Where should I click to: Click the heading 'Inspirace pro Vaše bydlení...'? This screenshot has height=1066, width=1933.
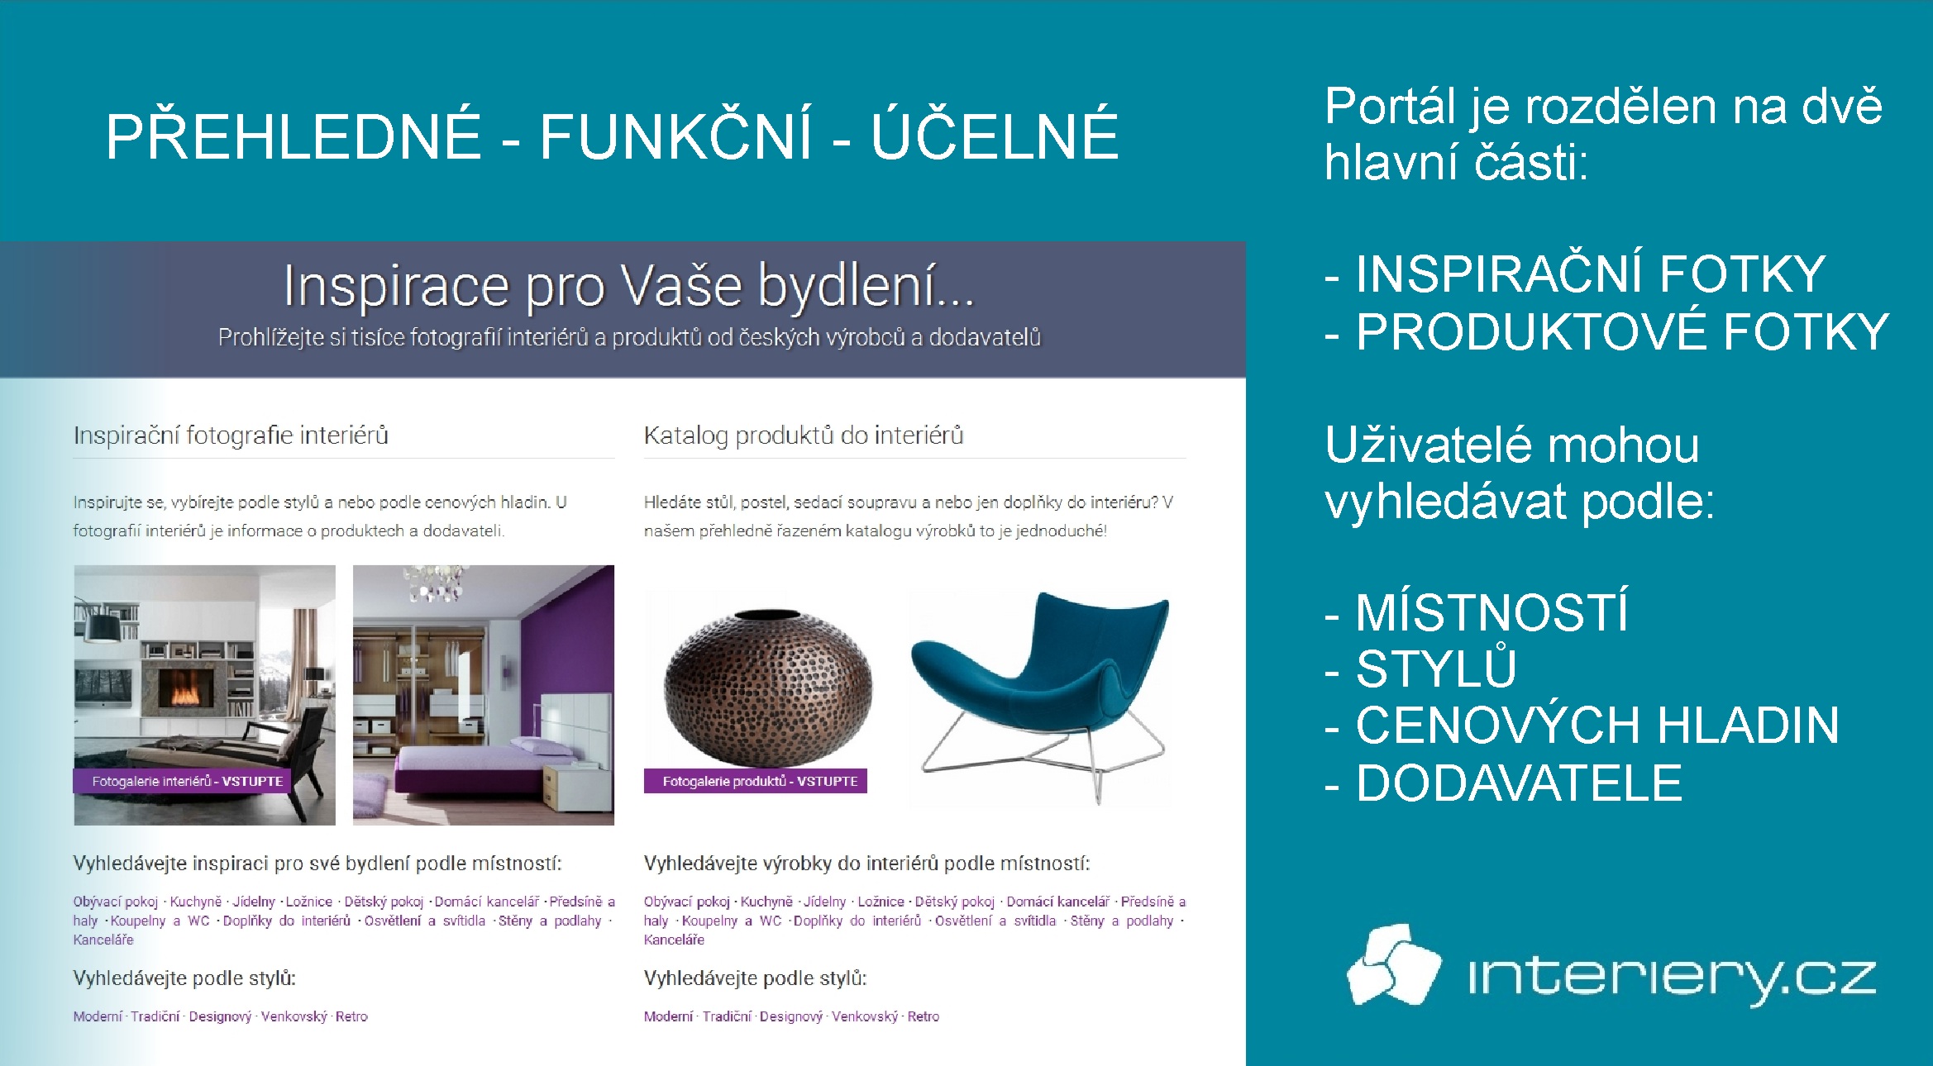tap(629, 286)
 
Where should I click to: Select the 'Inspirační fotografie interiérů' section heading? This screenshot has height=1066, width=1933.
tap(231, 435)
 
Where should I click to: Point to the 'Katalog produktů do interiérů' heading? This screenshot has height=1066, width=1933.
tap(804, 435)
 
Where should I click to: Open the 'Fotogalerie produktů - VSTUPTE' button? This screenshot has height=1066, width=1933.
tap(756, 781)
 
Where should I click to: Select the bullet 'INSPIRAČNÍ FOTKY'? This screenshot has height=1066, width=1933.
tap(1574, 274)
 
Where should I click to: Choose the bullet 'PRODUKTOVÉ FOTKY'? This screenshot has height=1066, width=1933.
tap(1606, 331)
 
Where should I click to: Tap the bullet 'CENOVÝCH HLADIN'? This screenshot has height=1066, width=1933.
tap(1582, 725)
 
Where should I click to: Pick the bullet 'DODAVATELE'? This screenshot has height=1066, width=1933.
tap(1503, 783)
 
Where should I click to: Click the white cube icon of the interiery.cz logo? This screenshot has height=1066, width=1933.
tap(1394, 964)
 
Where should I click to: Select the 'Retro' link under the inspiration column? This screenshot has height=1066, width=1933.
tap(351, 1016)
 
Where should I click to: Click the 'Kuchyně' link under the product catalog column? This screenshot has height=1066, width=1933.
tap(766, 902)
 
